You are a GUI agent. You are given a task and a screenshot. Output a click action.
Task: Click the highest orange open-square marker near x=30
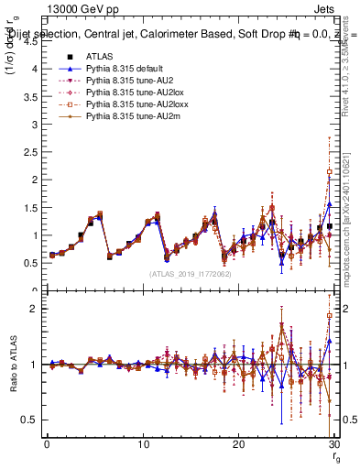pos(329,171)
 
